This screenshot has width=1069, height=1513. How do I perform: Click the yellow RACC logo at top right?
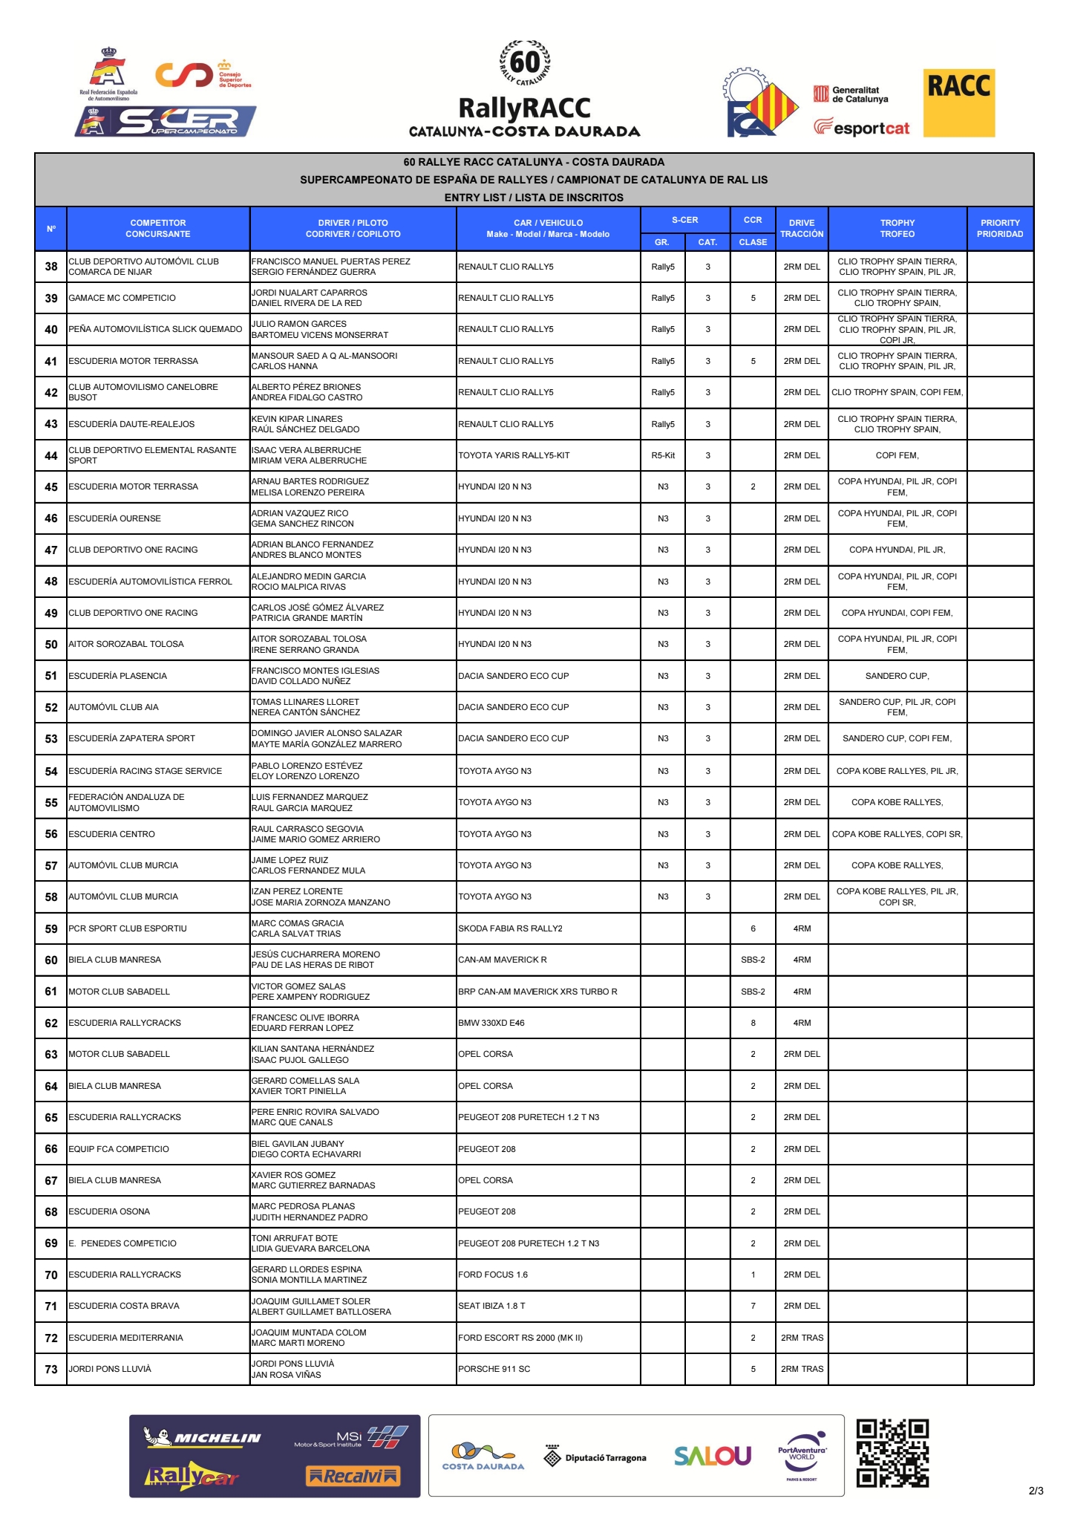(958, 103)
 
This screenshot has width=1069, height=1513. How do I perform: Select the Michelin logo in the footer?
(202, 1437)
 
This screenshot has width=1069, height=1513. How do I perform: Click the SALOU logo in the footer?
(712, 1456)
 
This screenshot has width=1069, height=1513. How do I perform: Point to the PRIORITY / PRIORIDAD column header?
(999, 228)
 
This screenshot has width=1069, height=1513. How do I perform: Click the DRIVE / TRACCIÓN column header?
(802, 228)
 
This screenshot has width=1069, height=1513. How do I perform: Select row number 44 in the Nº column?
(51, 455)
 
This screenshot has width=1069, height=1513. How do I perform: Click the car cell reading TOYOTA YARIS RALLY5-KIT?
(514, 455)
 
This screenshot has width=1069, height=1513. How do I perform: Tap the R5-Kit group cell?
(663, 455)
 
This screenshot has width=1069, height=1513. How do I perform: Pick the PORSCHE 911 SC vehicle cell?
(494, 1369)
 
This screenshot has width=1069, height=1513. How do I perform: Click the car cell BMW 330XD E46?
(491, 1023)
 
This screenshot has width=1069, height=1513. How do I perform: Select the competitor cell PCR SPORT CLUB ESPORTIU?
(128, 928)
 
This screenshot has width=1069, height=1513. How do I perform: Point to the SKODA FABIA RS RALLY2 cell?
(510, 928)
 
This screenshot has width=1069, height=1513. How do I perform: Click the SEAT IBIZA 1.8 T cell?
(491, 1306)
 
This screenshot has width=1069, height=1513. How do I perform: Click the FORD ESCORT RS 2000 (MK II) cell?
(520, 1338)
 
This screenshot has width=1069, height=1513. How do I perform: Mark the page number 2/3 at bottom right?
(1036, 1491)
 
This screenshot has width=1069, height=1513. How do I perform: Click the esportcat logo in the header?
(862, 128)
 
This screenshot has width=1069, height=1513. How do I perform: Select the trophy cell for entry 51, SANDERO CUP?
(897, 676)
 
